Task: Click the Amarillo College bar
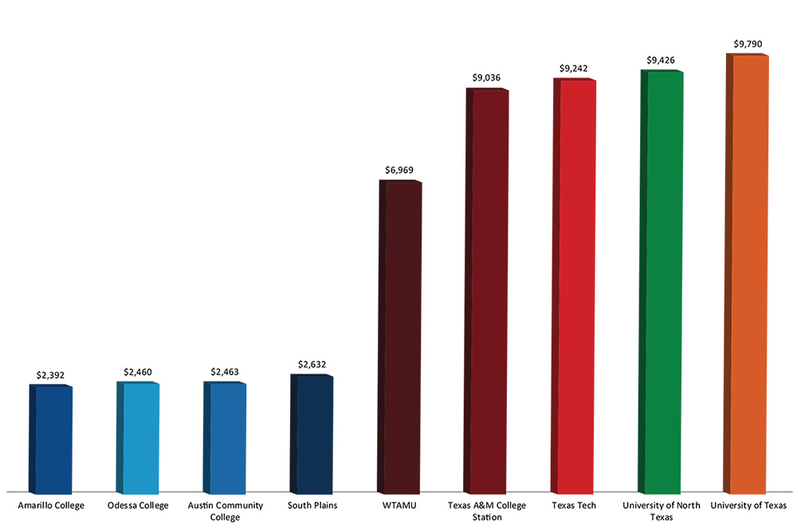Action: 53,440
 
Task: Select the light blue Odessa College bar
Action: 139,438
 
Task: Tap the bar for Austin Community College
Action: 226,438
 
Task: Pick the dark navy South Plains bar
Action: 313,435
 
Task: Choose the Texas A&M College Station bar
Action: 488,291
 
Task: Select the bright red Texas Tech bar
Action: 575,287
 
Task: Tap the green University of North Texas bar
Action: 662,283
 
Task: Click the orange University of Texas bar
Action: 749,275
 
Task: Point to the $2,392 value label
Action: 51,373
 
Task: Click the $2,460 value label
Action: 139,371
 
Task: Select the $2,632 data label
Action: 312,365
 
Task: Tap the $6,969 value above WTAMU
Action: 399,170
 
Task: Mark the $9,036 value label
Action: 487,77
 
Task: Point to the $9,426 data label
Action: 662,60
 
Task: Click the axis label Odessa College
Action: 138,506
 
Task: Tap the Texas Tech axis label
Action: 574,506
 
